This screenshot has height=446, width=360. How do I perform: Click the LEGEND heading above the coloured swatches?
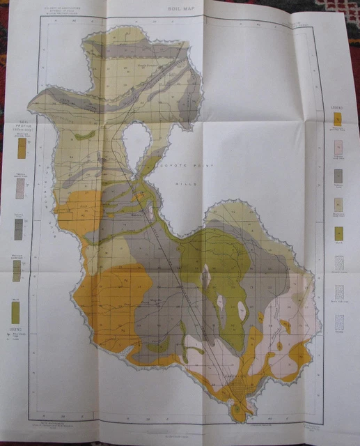click(336, 109)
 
